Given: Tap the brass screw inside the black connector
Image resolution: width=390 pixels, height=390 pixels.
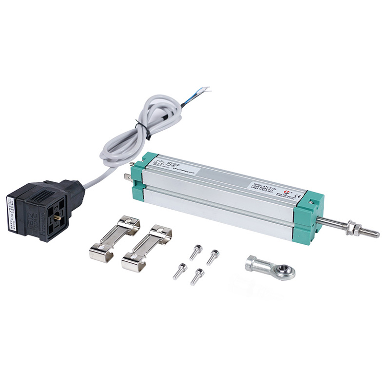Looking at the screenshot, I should (x=58, y=218).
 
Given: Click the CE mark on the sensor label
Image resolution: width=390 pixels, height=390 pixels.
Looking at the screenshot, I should (x=299, y=197).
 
